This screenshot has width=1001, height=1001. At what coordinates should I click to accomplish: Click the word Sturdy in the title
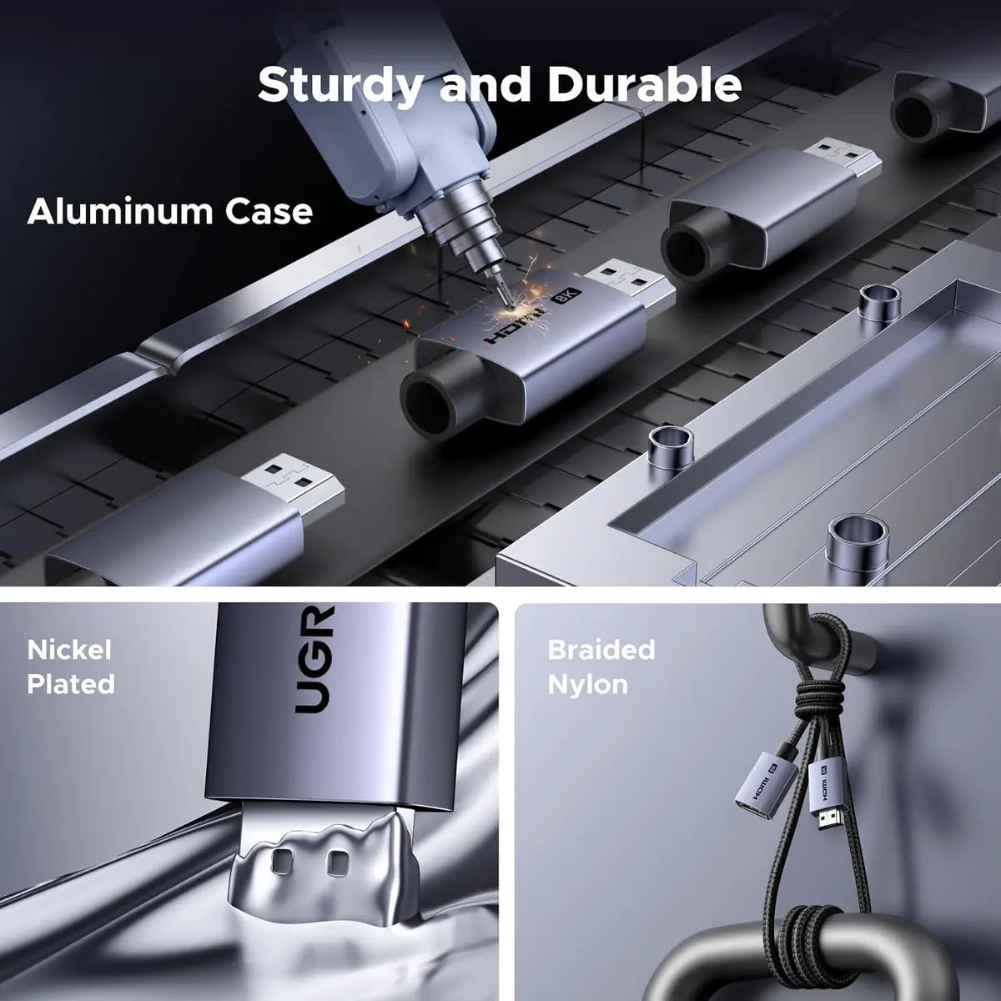tap(340, 86)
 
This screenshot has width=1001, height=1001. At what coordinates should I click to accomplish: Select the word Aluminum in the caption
tap(120, 212)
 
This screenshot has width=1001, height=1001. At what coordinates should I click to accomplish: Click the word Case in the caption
tap(269, 212)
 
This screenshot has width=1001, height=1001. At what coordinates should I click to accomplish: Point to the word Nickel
tap(69, 650)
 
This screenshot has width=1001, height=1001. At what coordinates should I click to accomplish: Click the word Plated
tap(71, 684)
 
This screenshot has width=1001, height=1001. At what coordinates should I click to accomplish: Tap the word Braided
tap(601, 650)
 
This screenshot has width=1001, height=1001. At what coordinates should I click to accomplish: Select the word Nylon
tap(588, 685)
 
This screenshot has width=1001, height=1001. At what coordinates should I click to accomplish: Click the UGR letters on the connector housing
tap(314, 659)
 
